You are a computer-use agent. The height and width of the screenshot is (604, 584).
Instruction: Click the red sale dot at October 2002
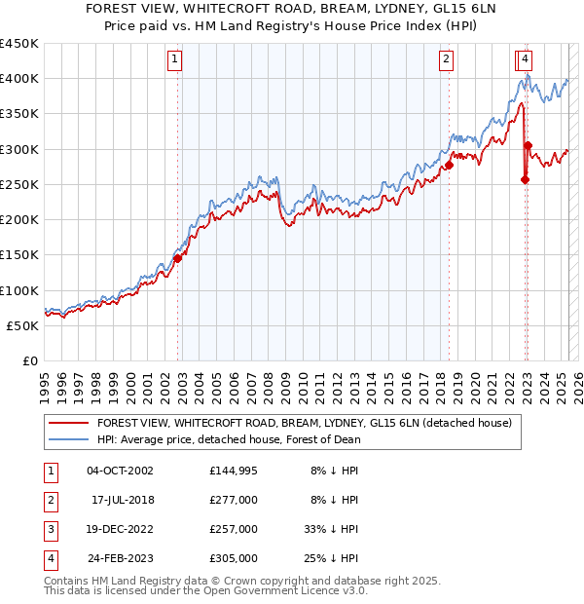[178, 258]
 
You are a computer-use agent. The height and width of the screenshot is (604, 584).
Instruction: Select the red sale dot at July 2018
[450, 166]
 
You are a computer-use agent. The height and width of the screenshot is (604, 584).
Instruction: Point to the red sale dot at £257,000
[525, 179]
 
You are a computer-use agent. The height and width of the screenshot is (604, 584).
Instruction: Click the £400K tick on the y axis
[19, 79]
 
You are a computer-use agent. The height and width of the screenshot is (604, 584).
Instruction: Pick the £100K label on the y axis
[19, 290]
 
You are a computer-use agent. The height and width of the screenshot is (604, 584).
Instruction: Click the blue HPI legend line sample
[69, 439]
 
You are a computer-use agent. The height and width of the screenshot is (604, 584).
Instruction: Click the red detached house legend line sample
[69, 423]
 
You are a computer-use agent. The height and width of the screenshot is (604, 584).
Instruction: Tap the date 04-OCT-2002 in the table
[120, 472]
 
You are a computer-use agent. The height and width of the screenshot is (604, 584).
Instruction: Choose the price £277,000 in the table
[234, 501]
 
